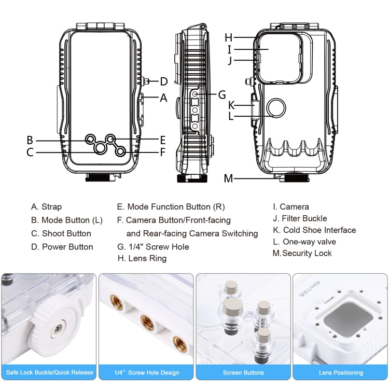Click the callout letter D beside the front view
[x=163, y=81]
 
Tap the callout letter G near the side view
[x=222, y=94]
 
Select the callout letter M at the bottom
[x=229, y=179]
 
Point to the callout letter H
[x=229, y=37]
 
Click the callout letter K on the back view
[x=232, y=104]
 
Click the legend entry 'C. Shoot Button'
[x=61, y=233]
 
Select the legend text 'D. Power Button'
[x=62, y=247]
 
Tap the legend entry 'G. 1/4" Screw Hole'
[x=153, y=247]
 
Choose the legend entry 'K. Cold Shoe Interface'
[x=314, y=230]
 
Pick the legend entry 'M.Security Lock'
[x=302, y=253]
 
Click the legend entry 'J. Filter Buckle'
[x=300, y=218]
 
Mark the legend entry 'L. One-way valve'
[x=304, y=242]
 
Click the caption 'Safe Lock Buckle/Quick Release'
[x=49, y=372]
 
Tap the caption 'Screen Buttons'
[x=243, y=372]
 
